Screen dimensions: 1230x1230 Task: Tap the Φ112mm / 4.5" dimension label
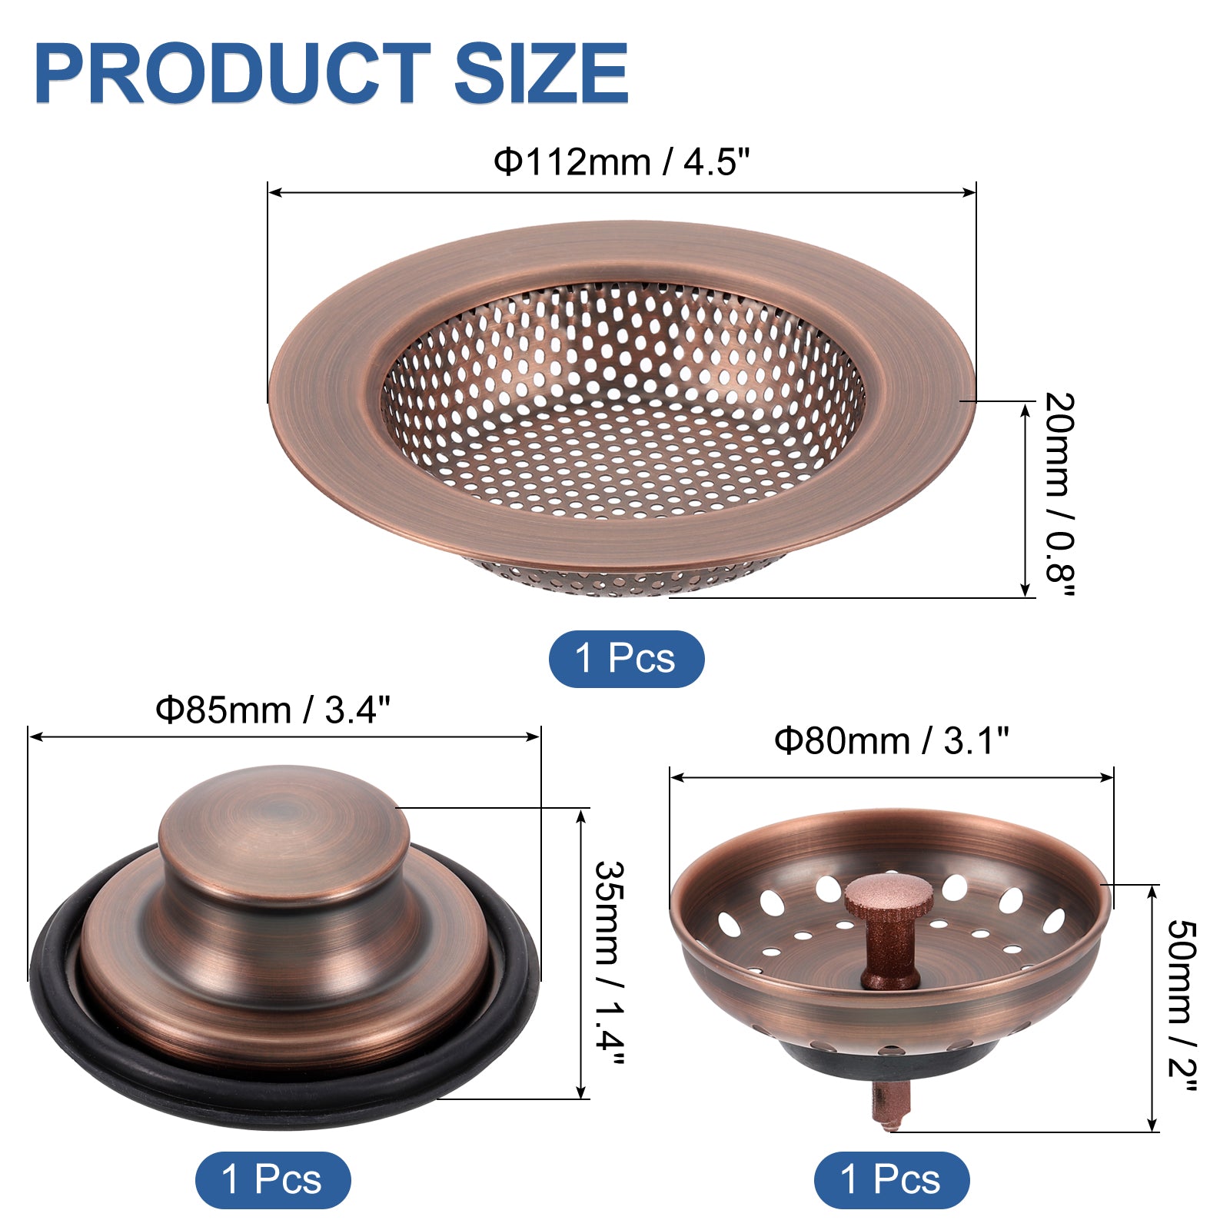[x=621, y=161]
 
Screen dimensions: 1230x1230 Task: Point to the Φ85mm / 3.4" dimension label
[x=274, y=710]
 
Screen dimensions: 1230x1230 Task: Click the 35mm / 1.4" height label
[x=610, y=962]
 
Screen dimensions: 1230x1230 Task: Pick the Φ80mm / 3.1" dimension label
[x=891, y=741]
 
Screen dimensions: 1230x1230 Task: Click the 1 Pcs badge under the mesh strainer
[x=626, y=659]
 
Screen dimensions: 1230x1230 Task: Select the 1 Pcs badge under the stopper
[x=273, y=1179]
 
